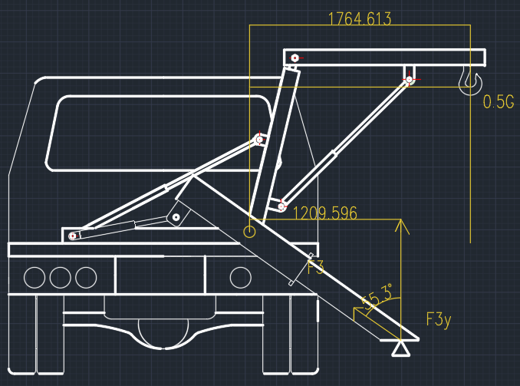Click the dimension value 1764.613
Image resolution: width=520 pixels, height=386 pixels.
(360, 18)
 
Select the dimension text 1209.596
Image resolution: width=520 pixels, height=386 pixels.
(325, 213)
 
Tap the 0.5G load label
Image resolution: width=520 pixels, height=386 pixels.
(499, 101)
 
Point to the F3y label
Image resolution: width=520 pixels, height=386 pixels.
(439, 320)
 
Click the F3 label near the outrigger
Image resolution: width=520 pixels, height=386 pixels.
(316, 267)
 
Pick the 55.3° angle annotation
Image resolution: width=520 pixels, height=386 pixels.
(376, 297)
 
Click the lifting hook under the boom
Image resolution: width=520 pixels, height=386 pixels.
(470, 81)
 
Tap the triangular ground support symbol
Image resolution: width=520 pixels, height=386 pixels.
(400, 351)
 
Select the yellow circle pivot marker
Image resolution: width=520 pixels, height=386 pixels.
(249, 232)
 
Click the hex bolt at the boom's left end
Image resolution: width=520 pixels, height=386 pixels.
(295, 58)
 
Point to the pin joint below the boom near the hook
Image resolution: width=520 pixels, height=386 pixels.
(409, 80)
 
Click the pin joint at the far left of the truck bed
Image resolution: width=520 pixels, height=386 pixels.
(72, 236)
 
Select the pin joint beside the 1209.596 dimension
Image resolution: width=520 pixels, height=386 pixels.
(281, 206)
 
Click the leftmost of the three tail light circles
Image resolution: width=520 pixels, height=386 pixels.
(35, 278)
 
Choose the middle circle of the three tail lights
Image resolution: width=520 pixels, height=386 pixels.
(61, 278)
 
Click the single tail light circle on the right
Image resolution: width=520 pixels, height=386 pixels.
(240, 278)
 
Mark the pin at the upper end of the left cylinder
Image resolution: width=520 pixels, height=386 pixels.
(259, 140)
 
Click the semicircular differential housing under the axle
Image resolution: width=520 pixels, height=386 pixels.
(163, 333)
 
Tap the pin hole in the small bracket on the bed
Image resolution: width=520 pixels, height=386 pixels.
(176, 218)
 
